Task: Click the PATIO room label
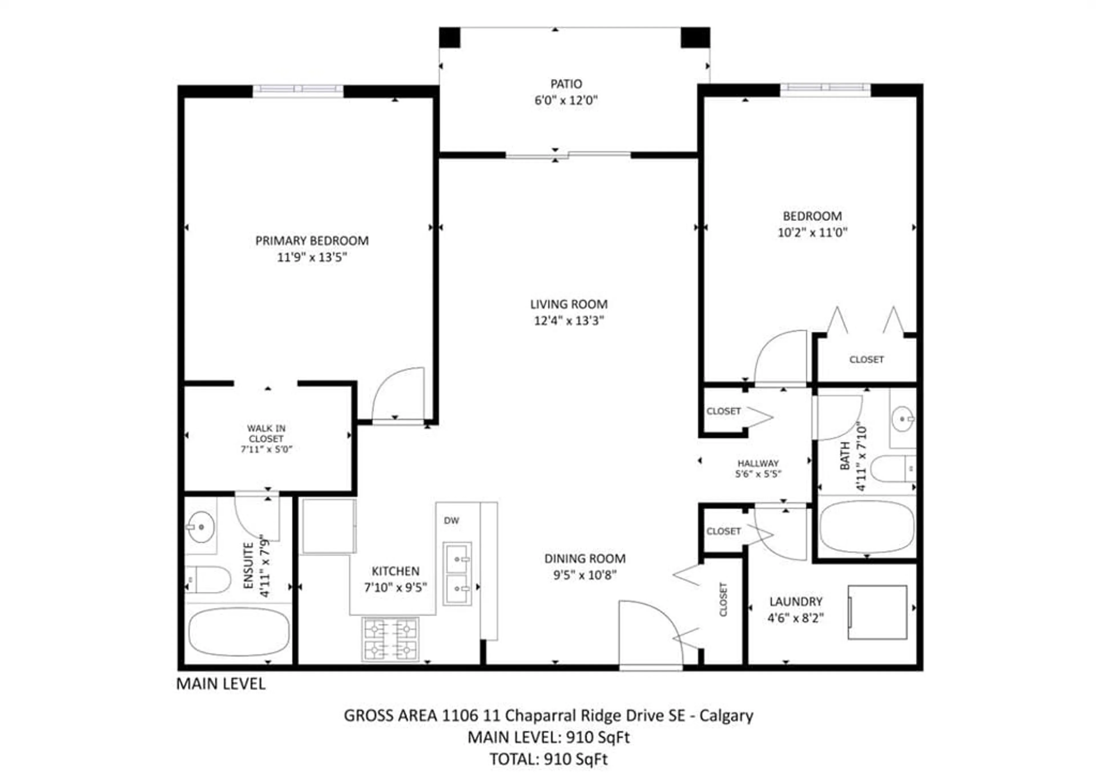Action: pos(566,84)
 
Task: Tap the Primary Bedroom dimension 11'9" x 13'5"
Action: pos(312,257)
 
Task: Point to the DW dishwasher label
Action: pos(452,520)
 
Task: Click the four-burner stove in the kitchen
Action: pos(390,639)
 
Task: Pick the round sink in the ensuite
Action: pos(201,527)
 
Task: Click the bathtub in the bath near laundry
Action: pos(867,526)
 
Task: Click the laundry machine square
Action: pos(877,612)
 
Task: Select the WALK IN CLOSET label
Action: pos(266,434)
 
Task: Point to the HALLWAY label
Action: pos(758,463)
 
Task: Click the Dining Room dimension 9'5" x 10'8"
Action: pos(585,575)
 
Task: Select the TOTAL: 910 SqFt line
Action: pos(549,759)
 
